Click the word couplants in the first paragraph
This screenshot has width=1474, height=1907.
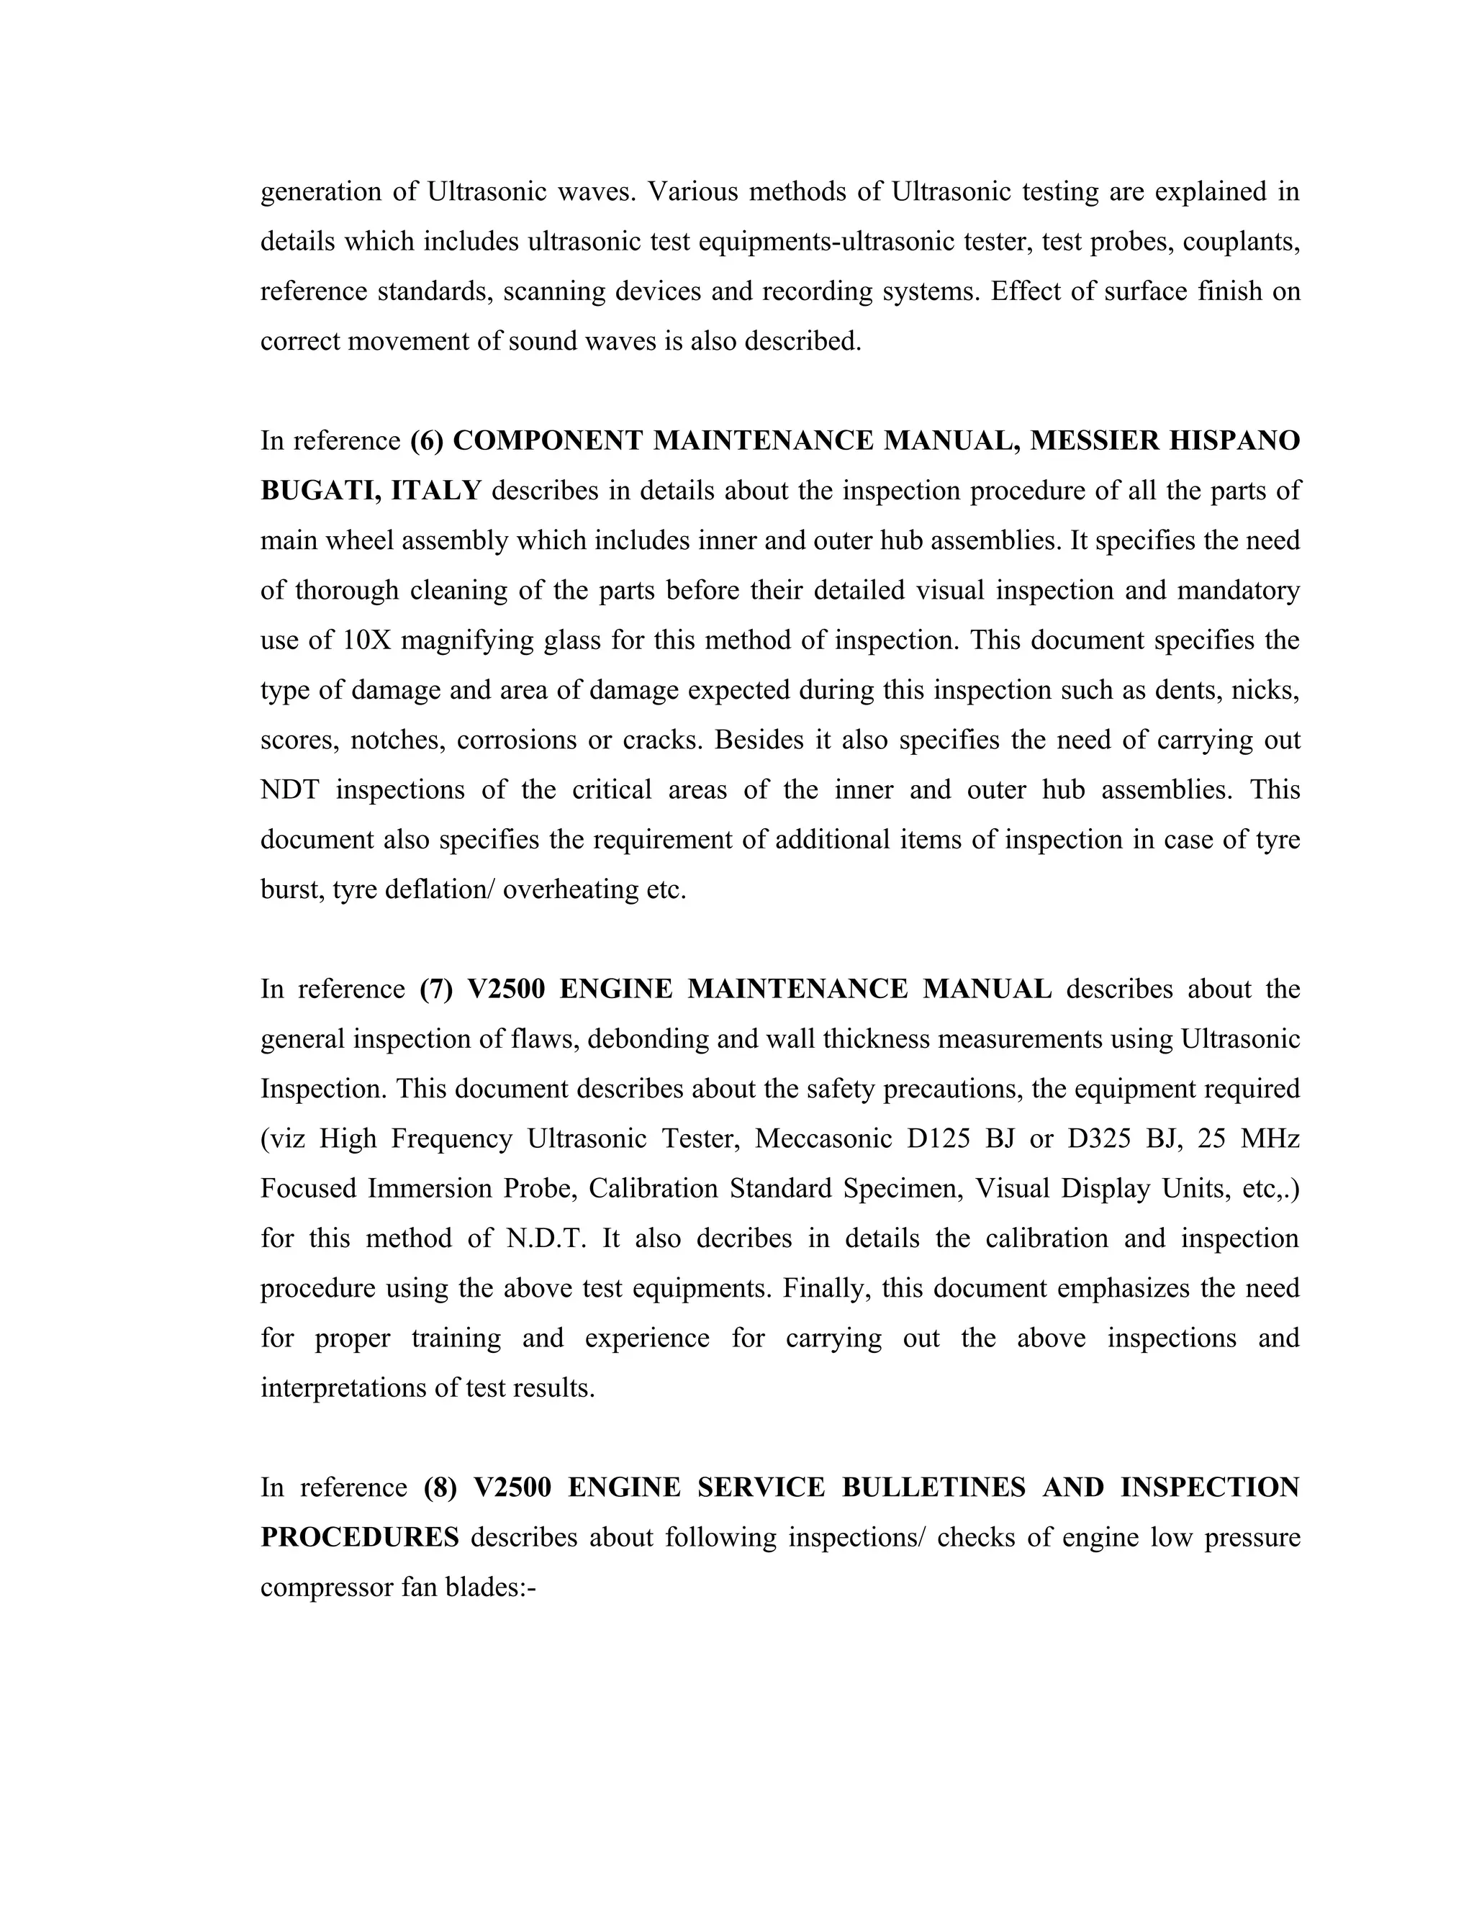pos(1241,242)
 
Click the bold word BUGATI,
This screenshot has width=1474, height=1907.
pos(320,491)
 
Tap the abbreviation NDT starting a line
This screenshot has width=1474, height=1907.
pos(290,790)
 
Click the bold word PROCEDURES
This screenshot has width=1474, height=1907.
pos(360,1538)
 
